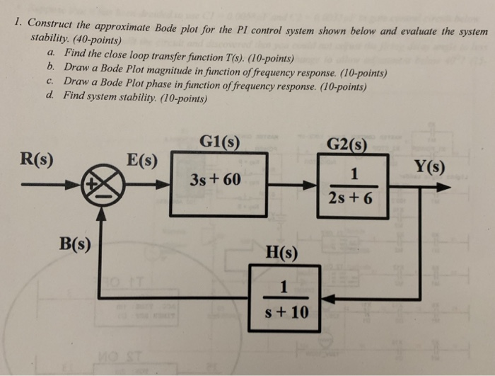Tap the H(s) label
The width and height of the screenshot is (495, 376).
281,251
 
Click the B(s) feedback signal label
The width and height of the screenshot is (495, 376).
74,245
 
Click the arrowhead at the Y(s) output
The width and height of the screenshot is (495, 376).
443,187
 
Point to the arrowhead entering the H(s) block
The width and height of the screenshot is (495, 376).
327,299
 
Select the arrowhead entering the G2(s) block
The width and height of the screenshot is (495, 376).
311,186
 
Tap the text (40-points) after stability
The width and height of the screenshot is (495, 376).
99,40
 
